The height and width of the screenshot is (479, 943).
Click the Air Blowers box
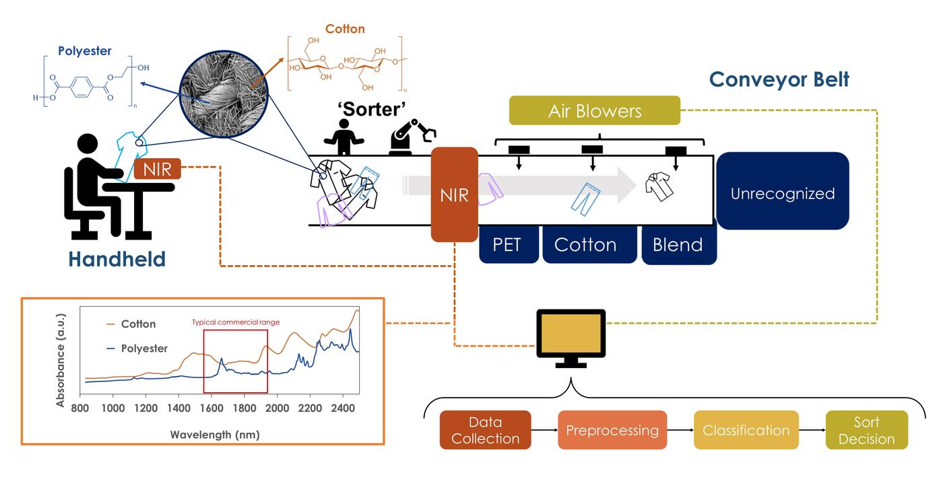pos(594,110)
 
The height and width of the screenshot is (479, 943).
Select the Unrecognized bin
pos(782,193)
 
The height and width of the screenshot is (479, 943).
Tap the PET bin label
pos(507,244)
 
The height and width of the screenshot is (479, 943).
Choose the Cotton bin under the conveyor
pos(585,244)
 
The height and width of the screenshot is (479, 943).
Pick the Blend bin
pos(678,244)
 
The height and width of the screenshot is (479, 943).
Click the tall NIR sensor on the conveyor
pos(455,195)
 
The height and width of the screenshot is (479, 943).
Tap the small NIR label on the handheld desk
pos(158,168)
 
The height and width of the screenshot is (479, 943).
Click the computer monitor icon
pos(571,335)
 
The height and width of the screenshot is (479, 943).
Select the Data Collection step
pos(485,430)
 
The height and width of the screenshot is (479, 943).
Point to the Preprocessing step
pos(612,430)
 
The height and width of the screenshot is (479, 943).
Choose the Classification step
pos(746,430)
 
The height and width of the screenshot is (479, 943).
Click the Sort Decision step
pos(866,430)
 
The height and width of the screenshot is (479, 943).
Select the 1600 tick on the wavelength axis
pos(212,408)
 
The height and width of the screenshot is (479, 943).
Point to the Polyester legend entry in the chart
pos(143,348)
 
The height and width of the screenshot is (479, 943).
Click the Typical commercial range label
pos(235,322)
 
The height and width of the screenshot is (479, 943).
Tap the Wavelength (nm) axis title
pos(214,434)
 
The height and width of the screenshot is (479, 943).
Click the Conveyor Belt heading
pos(779,79)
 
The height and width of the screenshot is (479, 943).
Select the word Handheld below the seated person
pos(117,258)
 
